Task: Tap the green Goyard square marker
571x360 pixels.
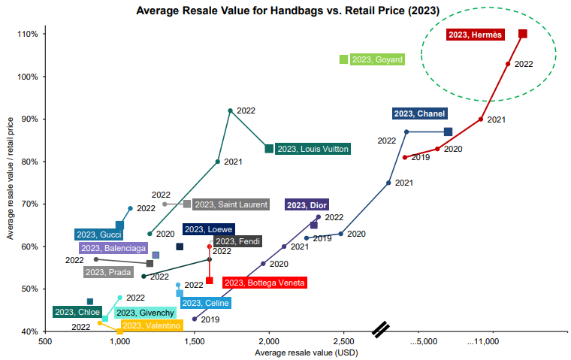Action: (344, 59)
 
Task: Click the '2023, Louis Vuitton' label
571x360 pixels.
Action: (313, 149)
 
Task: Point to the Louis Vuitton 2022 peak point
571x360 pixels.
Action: (230, 110)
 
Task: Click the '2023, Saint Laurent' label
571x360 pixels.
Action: (231, 204)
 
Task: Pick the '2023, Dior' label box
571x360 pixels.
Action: (307, 204)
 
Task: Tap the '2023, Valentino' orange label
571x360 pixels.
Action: (151, 325)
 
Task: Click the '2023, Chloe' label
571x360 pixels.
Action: (77, 312)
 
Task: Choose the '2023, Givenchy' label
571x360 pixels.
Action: (146, 312)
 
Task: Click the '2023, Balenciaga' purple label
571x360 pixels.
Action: (113, 248)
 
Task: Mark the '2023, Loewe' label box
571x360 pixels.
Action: (208, 229)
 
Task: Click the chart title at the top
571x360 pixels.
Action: (288, 11)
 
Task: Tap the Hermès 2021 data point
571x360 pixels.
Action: (481, 119)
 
